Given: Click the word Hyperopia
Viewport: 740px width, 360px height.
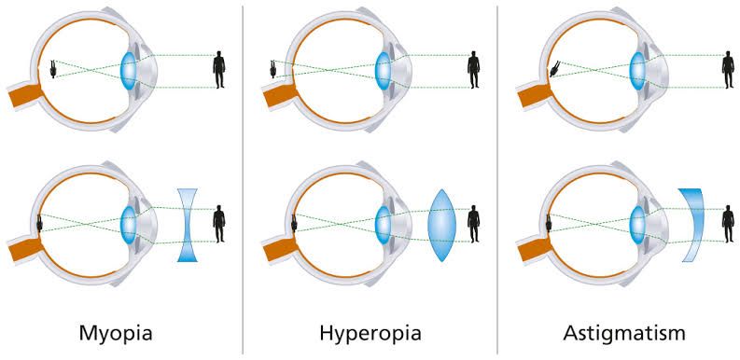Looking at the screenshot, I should pos(370,332).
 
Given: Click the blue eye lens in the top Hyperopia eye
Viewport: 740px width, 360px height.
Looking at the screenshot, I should pos(383,69).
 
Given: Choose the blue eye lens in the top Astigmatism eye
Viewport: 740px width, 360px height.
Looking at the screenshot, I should pos(639,69).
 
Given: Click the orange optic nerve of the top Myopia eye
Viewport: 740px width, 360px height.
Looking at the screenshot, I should pos(23,94).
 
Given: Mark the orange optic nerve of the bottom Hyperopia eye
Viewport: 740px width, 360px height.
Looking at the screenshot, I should pos(278,247).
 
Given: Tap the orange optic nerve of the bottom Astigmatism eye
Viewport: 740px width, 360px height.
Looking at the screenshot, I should pos(532,247).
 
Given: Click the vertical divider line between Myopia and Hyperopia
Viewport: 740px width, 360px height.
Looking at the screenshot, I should pos(243,177).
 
